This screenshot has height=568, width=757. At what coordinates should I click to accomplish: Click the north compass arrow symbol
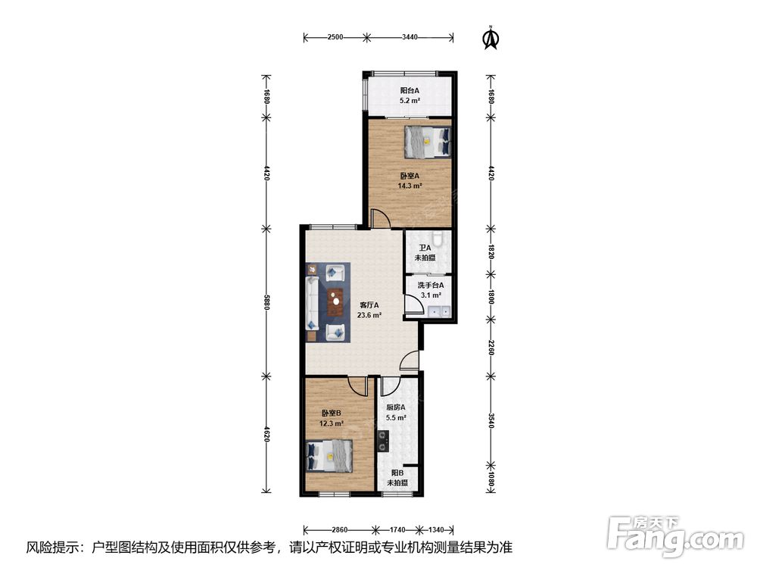coord(491,38)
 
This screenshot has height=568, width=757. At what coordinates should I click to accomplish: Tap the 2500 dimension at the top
coord(335,36)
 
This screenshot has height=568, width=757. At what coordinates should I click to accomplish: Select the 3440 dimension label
coord(410,36)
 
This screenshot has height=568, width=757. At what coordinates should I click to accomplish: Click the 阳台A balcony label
coord(410,90)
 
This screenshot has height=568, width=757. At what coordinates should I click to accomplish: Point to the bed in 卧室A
coord(428,142)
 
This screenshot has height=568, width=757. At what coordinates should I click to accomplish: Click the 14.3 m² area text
coord(410,186)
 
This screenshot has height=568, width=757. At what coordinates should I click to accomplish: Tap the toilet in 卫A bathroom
coord(438,238)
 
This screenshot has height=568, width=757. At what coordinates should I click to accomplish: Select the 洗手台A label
coord(431,285)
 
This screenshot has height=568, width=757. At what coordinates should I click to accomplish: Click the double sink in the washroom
coord(440,311)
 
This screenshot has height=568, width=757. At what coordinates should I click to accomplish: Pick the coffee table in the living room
coord(335,302)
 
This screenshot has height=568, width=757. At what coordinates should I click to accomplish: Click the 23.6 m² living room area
coord(369,315)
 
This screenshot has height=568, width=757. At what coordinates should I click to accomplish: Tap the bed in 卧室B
coord(330,455)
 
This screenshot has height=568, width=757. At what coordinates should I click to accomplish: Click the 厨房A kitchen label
coord(396,407)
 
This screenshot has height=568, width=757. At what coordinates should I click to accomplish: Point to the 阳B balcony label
coord(397,473)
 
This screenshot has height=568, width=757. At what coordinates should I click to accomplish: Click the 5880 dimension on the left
coord(266,302)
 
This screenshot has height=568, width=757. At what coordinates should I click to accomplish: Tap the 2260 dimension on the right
coord(491,348)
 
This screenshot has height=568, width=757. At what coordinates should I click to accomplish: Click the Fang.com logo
coord(675,536)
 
